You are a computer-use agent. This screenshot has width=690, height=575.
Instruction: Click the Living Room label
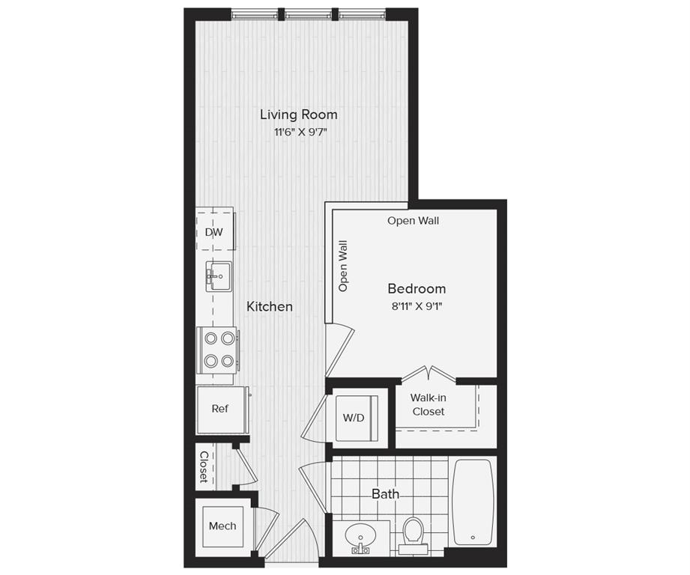tap(298, 115)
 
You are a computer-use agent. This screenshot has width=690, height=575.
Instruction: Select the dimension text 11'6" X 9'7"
tap(298, 133)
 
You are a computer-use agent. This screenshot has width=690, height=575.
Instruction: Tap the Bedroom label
tap(417, 289)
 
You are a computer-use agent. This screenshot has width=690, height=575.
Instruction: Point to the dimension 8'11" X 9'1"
tap(417, 305)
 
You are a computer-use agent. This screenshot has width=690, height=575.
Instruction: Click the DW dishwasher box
tap(214, 232)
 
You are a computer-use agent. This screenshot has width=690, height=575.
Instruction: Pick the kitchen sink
tap(219, 276)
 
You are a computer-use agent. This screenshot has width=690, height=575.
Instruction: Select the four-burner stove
tap(218, 350)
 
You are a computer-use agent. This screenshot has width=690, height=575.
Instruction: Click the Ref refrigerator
tap(220, 409)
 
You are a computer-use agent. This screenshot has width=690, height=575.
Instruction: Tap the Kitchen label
tap(270, 306)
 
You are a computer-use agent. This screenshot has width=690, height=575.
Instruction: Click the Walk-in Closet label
tap(428, 405)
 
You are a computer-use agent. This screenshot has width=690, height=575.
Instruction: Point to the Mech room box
tap(223, 526)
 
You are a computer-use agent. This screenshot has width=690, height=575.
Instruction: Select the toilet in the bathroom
tap(413, 532)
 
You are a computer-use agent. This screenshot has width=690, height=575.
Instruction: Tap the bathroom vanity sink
tap(362, 538)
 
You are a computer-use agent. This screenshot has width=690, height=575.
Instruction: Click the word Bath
tap(385, 494)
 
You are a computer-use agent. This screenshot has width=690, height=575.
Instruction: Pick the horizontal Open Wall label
tap(413, 221)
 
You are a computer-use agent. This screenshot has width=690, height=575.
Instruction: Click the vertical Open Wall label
tap(343, 266)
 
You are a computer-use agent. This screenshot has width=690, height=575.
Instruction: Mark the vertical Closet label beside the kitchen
tap(204, 466)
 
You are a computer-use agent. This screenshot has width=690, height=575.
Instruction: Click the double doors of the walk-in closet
tap(428, 374)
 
